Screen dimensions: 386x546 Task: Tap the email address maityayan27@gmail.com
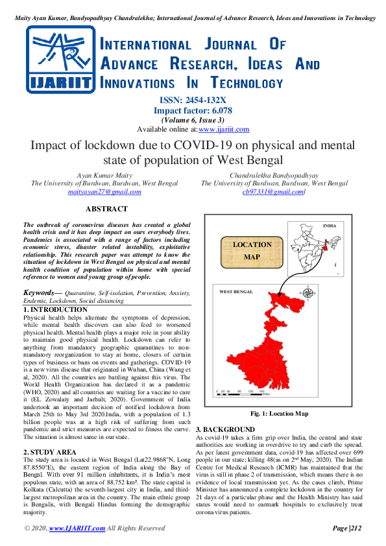click(x=104, y=192)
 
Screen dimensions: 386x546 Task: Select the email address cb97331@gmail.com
click(x=274, y=192)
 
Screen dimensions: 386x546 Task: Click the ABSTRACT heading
click(x=106, y=209)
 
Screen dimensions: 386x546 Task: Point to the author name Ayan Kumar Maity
click(x=104, y=175)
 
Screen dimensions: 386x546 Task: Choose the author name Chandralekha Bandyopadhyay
click(x=274, y=175)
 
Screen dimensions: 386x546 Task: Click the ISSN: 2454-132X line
click(x=193, y=100)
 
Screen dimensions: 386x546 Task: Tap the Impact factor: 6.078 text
click(x=193, y=110)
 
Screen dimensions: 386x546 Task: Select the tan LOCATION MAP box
click(x=252, y=251)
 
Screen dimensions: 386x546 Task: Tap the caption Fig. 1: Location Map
click(x=279, y=414)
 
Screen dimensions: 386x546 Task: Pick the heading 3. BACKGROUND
click(x=225, y=429)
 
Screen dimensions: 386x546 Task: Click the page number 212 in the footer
click(x=351, y=528)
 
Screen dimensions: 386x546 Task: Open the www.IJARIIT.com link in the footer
click(x=77, y=528)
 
